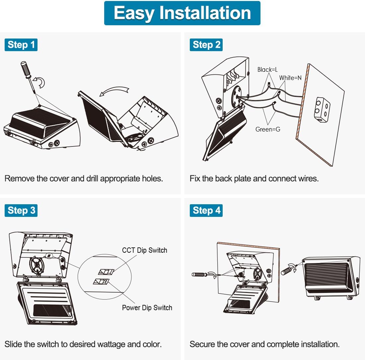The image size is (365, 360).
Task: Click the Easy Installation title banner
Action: point(182,13)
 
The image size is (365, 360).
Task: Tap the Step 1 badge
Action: point(21,45)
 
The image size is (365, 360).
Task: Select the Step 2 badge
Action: point(206,45)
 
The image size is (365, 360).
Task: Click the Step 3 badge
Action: point(21,210)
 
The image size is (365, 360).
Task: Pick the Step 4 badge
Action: point(206,210)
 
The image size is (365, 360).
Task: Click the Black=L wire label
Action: point(267,69)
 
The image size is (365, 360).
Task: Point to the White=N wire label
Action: point(290,78)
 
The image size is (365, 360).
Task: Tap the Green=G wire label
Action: point(267,129)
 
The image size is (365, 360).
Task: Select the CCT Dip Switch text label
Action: point(144,250)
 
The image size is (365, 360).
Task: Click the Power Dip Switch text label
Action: point(147,308)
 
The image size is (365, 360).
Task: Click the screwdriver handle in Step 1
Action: point(26,69)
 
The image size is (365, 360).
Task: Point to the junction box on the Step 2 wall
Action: point(322,108)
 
